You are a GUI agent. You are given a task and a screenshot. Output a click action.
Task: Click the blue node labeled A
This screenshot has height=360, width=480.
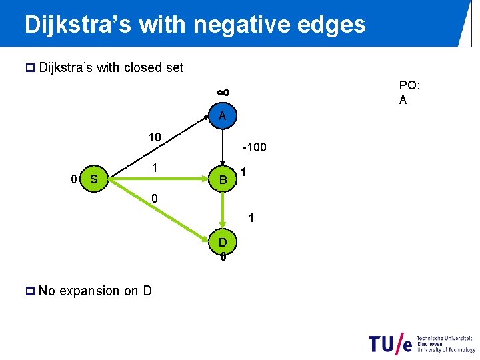point(222,116)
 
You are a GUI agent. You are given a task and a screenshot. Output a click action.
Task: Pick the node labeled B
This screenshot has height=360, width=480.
point(223,179)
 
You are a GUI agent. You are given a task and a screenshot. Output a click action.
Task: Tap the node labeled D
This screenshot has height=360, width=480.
point(223,241)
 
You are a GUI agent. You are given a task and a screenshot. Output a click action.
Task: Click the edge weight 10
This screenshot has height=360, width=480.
point(154,137)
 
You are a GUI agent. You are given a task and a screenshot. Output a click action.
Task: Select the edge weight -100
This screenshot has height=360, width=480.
point(254,147)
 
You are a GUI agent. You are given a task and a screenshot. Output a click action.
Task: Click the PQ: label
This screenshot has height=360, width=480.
point(409,85)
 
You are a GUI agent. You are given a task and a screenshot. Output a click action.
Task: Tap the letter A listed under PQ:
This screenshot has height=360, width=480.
point(403,100)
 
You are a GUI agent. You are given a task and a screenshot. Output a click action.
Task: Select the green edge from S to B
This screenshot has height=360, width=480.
point(160,179)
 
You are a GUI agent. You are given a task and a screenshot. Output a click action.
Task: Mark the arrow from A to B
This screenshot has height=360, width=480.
point(223,147)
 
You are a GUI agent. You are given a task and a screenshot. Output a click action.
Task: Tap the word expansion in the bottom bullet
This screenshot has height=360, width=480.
point(91,291)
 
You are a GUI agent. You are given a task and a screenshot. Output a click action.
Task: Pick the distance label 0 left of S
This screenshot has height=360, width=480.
point(75,179)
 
